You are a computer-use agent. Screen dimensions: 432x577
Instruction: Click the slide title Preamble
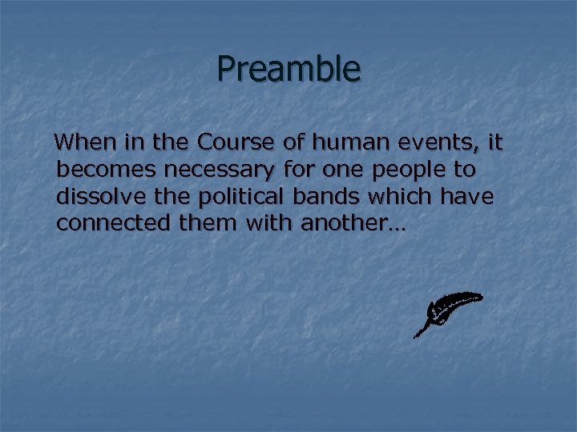tap(288, 70)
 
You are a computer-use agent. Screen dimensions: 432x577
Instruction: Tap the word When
tap(85, 143)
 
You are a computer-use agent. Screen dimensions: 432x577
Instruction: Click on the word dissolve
tap(97, 197)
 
